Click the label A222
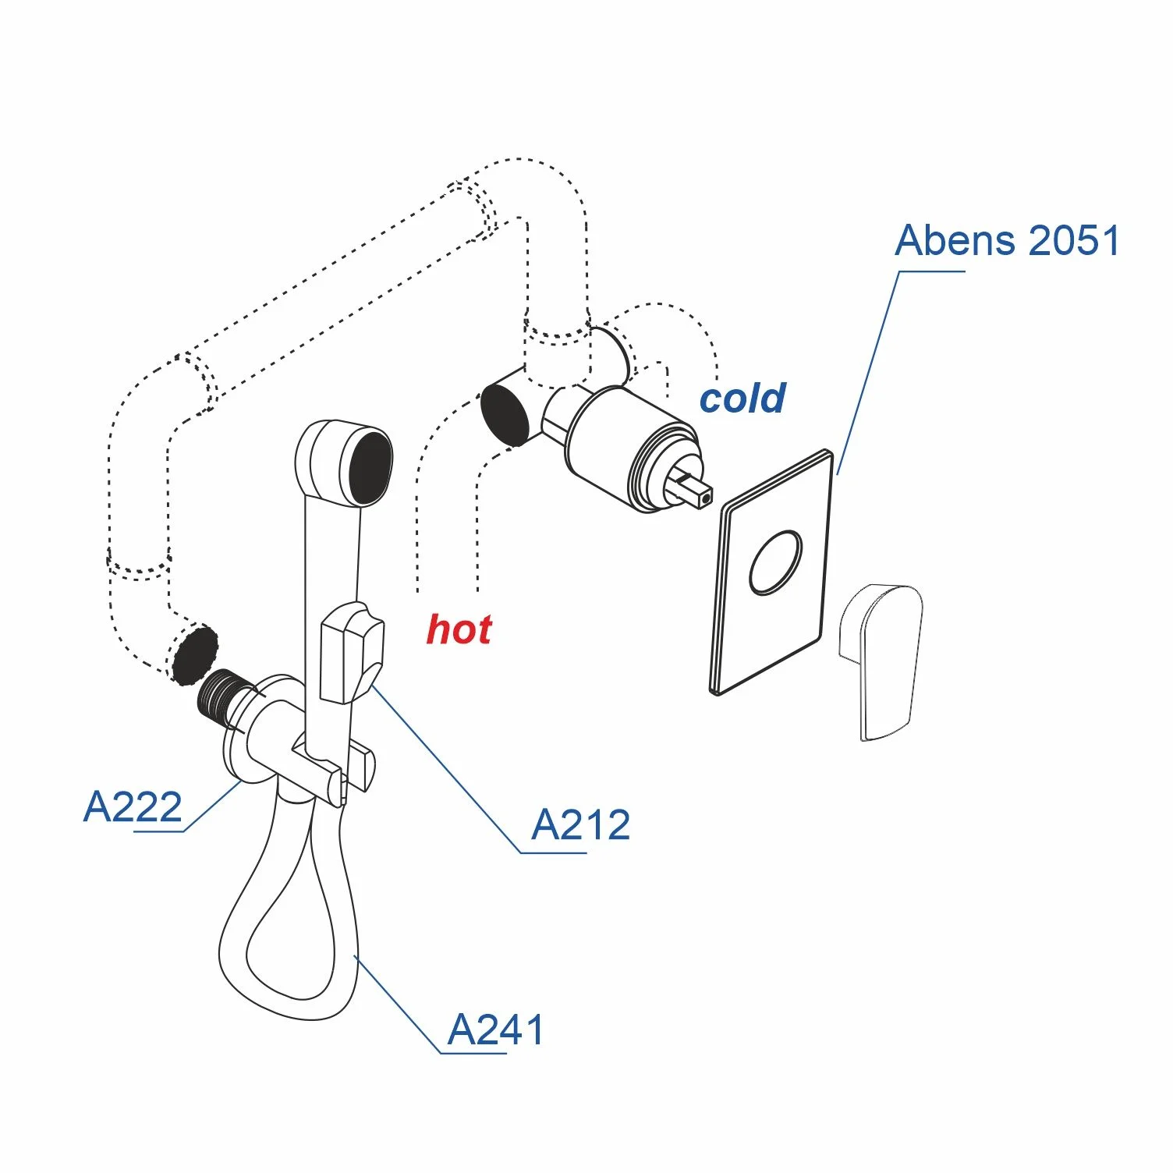point(133,806)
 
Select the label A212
point(580,825)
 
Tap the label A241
point(496,1030)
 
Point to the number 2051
point(1075,240)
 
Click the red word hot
point(459,629)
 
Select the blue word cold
point(742,399)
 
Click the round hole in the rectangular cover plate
point(775,563)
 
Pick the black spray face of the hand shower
point(369,468)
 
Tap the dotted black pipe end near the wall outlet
point(194,654)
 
